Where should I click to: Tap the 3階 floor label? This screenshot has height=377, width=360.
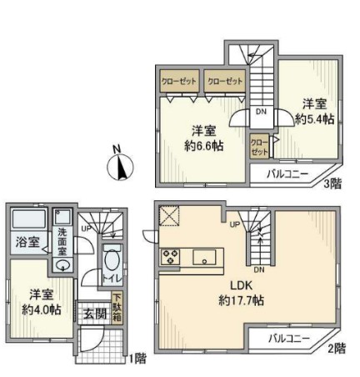[x=331, y=183]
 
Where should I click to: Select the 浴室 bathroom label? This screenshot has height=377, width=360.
[x=27, y=243]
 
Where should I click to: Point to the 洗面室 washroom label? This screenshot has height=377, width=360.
[x=62, y=242]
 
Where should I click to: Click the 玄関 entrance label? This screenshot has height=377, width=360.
[x=94, y=314]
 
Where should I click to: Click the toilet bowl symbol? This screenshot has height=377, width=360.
[x=112, y=256]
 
